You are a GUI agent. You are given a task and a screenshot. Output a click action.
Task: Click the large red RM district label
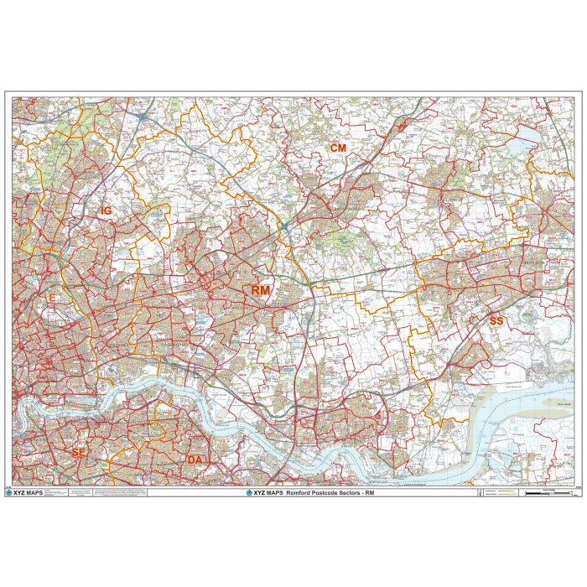point(261,289)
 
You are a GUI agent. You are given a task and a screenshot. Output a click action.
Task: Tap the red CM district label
point(338,148)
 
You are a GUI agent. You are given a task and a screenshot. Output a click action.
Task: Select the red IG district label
point(106,211)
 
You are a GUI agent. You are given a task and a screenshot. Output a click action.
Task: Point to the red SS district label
point(496,320)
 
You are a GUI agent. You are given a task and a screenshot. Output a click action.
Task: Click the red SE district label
point(79,453)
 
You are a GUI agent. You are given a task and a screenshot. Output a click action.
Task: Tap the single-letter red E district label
point(53,298)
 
